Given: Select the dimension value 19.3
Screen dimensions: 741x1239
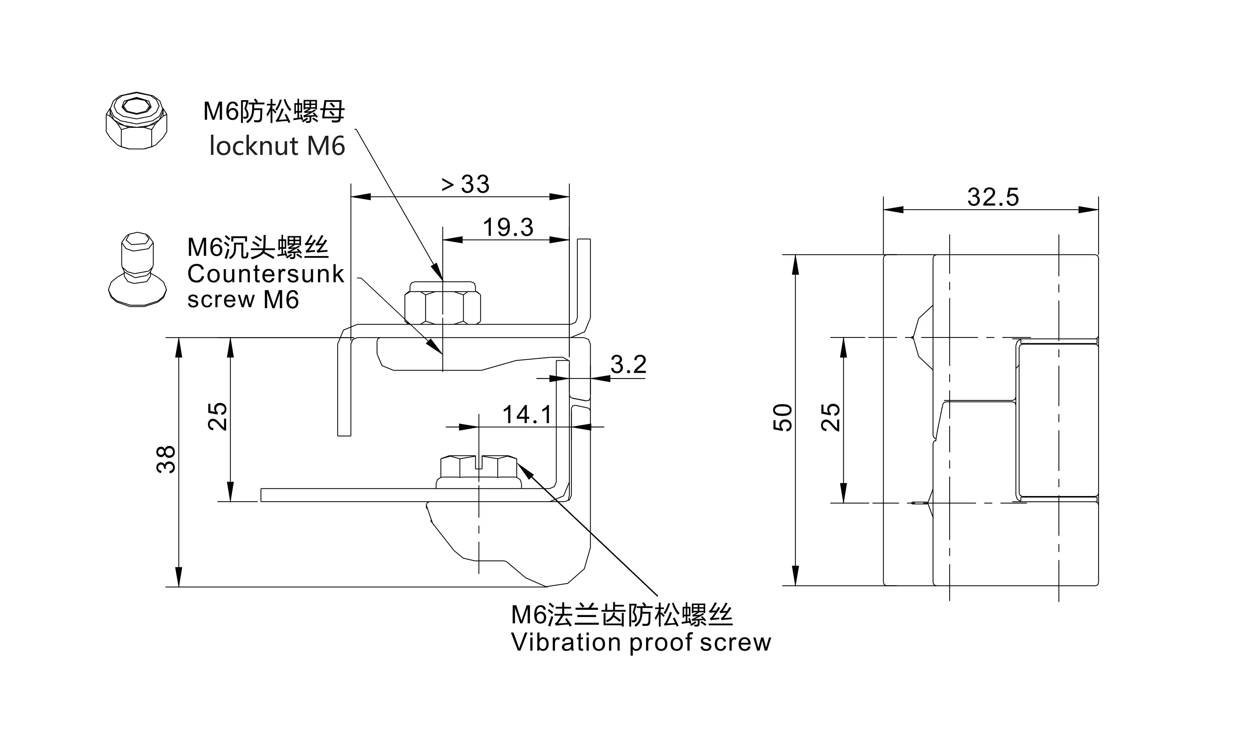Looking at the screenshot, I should [508, 228].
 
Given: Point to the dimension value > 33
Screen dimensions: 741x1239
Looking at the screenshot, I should [465, 184].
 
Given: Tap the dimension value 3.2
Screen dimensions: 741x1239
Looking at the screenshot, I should [628, 364].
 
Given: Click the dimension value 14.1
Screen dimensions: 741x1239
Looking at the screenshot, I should [527, 414].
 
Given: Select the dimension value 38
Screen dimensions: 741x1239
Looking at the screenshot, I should [166, 459].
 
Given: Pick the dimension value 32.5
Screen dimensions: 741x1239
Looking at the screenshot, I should [993, 197].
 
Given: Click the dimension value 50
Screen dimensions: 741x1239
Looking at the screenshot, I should [783, 418].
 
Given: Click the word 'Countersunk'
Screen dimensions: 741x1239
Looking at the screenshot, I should [266, 274].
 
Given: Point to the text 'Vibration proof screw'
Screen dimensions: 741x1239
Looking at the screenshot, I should [641, 643].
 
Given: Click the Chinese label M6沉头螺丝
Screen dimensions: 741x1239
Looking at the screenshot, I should [258, 248].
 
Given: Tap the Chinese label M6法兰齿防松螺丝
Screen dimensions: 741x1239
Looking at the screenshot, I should [622, 615].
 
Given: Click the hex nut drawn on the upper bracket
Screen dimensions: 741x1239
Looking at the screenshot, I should [442, 304].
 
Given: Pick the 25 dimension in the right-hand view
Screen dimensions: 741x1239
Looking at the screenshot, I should [830, 418].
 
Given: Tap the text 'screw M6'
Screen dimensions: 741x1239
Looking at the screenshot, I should [243, 300].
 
